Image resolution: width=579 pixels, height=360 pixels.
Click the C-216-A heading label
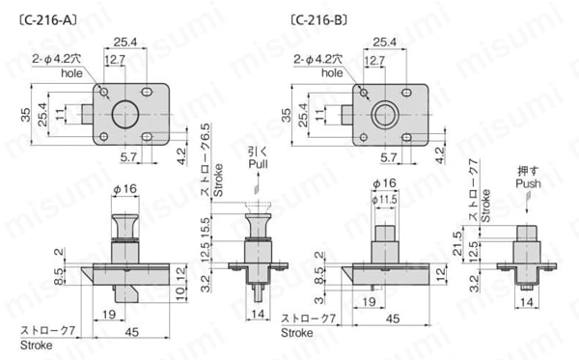(48, 20)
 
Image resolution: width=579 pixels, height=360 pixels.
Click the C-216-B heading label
(319, 20)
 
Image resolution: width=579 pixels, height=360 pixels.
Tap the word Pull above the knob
(258, 164)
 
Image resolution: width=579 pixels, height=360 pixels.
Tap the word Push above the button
(528, 183)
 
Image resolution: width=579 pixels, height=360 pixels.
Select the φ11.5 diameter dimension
(384, 200)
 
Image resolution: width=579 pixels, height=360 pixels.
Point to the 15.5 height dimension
(206, 227)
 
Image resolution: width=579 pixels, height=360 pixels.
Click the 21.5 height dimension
(457, 243)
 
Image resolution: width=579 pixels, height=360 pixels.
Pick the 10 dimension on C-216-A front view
(181, 293)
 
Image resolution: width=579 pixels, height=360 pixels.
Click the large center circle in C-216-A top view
(125, 114)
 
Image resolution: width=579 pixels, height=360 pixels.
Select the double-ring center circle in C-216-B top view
(385, 115)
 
